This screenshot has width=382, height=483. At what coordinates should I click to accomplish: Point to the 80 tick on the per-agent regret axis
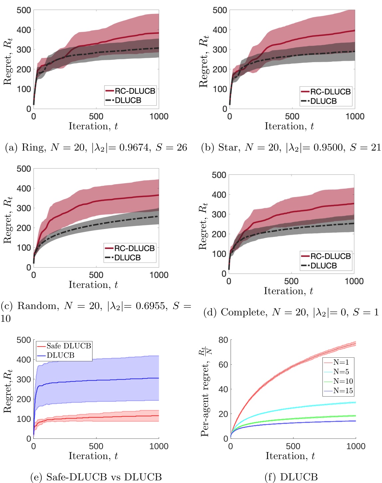223,340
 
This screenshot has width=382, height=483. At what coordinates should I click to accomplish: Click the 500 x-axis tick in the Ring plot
96,117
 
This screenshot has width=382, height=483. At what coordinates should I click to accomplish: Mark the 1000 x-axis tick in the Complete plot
354,282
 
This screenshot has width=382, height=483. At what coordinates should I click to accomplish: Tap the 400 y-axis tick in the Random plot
24,188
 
